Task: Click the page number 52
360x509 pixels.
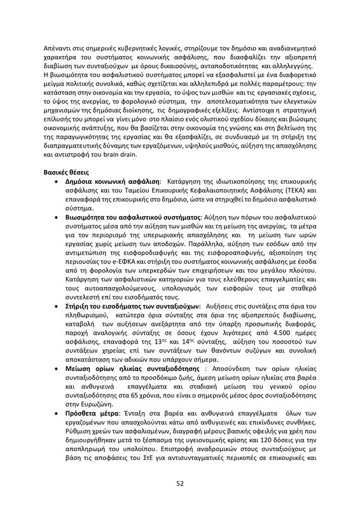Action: (180, 484)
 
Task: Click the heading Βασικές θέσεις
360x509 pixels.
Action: (70, 172)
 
